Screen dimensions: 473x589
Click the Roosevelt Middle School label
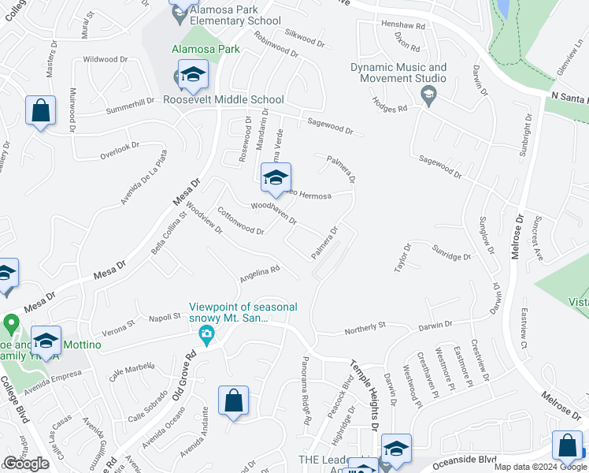[224, 100]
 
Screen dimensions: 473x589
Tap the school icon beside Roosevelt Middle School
[191, 75]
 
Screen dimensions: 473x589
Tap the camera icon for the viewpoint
[206, 335]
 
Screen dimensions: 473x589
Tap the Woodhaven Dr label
[273, 214]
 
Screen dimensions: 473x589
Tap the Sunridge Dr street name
[450, 252]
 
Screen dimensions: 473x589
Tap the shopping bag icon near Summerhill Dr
[40, 111]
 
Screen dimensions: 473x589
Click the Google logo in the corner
[26, 464]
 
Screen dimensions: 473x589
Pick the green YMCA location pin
[11, 324]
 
